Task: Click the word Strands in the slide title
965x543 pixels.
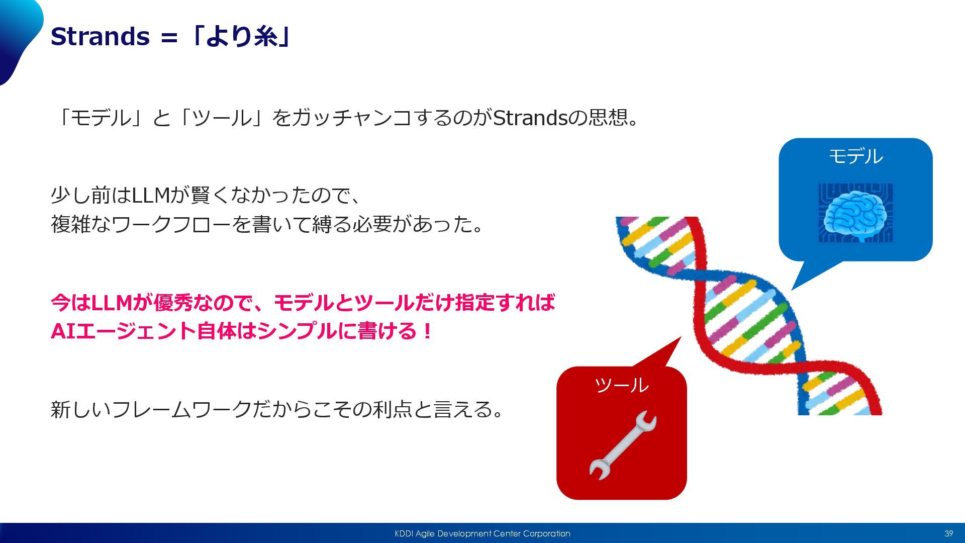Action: (101, 37)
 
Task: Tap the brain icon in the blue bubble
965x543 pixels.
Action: (855, 213)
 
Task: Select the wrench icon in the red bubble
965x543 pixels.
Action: (623, 445)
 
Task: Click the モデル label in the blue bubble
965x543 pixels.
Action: (855, 156)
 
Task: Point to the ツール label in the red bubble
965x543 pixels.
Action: (622, 385)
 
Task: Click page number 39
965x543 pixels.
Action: (948, 533)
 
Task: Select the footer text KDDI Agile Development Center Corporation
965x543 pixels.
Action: (482, 533)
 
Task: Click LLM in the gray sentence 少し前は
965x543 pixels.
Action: (151, 195)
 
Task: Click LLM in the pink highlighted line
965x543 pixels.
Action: (112, 303)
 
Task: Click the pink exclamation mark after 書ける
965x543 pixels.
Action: (427, 331)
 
